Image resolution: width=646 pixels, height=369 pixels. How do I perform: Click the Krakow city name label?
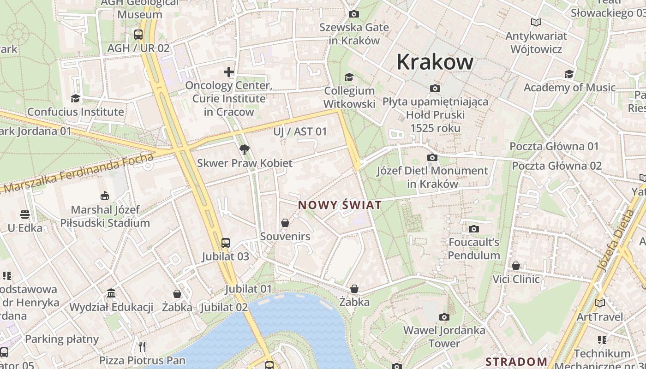pyautogui.click(x=435, y=62)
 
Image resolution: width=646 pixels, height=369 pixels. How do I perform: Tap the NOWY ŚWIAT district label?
pyautogui.click(x=340, y=205)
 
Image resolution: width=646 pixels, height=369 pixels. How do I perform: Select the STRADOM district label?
pyautogui.click(x=516, y=361)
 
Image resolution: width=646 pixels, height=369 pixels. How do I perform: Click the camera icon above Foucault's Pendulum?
pyautogui.click(x=473, y=229)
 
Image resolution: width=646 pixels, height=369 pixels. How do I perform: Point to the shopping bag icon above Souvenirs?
pyautogui.click(x=285, y=223)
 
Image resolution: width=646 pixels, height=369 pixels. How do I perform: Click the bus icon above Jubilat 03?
pyautogui.click(x=225, y=243)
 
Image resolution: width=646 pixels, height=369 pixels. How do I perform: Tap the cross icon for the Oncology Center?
pyautogui.click(x=229, y=72)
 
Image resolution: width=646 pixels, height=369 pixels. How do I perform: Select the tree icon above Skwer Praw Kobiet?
pyautogui.click(x=245, y=149)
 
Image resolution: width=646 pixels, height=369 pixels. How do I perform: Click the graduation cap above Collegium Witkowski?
pyautogui.click(x=349, y=77)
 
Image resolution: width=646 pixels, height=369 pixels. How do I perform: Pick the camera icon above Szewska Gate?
pyautogui.click(x=354, y=14)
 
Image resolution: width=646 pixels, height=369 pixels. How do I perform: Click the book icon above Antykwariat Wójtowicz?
pyautogui.click(x=536, y=22)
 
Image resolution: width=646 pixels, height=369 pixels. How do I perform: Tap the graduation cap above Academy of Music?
pyautogui.click(x=569, y=74)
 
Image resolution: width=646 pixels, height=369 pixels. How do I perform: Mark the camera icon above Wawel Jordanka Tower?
pyautogui.click(x=444, y=317)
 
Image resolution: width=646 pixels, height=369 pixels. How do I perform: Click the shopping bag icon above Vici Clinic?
pyautogui.click(x=516, y=266)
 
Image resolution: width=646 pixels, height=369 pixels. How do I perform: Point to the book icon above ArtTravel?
pyautogui.click(x=599, y=303)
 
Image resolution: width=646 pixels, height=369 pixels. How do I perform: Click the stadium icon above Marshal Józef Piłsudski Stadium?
pyautogui.click(x=105, y=196)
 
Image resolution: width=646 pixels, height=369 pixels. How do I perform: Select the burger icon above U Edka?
pyautogui.click(x=25, y=214)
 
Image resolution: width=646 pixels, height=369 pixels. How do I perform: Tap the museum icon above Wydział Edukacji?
pyautogui.click(x=111, y=293)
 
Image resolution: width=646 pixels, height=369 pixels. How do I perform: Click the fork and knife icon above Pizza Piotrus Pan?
pyautogui.click(x=142, y=346)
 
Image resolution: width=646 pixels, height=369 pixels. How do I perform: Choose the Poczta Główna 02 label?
pyautogui.click(x=556, y=166)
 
